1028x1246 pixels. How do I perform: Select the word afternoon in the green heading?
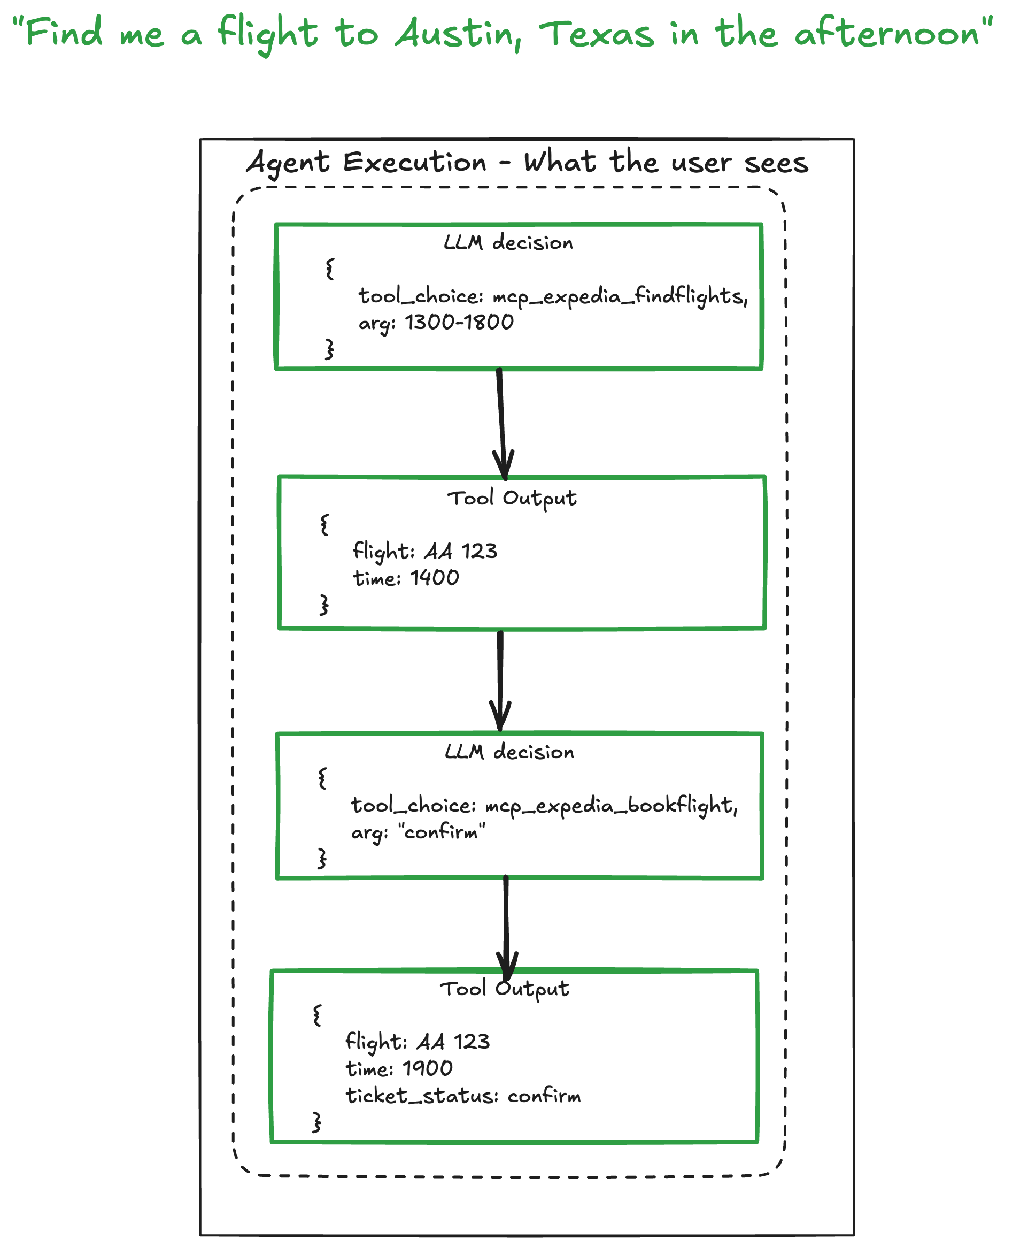886,33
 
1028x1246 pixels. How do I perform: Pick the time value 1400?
435,578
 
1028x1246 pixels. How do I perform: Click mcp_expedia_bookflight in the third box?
610,806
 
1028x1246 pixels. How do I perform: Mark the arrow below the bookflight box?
506,927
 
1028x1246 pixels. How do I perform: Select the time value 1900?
428,1068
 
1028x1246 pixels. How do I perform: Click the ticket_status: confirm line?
462,1096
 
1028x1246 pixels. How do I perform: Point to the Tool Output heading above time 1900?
504,989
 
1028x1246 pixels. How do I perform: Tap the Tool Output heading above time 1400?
512,498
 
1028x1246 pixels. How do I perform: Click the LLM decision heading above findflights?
508,242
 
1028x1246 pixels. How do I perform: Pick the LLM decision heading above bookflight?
509,752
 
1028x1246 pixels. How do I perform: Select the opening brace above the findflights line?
330,269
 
